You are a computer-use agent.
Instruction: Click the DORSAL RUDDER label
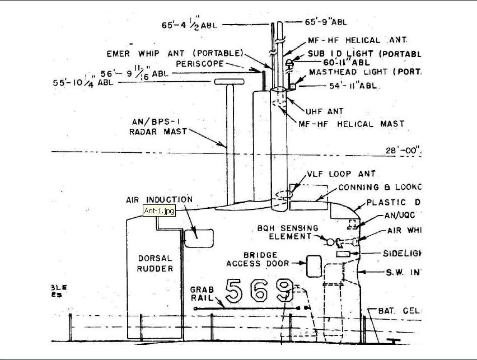pyautogui.click(x=156, y=263)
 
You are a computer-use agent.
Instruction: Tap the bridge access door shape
pyautogui.click(x=314, y=265)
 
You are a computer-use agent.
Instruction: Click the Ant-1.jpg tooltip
pyautogui.click(x=160, y=211)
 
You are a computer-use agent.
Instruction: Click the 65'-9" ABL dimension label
pyautogui.click(x=325, y=22)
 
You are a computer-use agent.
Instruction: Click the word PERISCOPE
pyautogui.click(x=200, y=64)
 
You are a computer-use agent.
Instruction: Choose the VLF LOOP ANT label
pyautogui.click(x=341, y=174)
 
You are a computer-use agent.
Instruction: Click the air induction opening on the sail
pyautogui.click(x=199, y=237)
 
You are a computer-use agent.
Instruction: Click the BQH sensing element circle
pyautogui.click(x=330, y=242)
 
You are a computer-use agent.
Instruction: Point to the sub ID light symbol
pyautogui.click(x=289, y=63)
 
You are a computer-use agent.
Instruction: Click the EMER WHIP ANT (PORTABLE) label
pyautogui.click(x=175, y=54)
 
